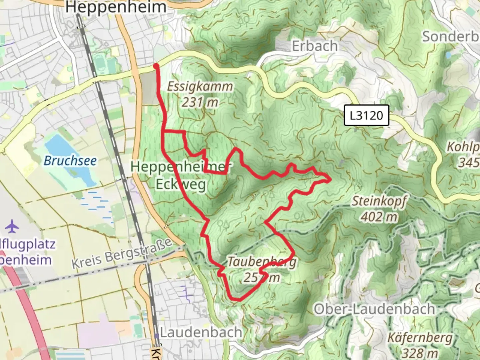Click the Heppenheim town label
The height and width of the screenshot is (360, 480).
pos(116,7)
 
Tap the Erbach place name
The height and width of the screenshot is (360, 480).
pos(315,46)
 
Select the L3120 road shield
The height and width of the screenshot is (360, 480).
pos(366,115)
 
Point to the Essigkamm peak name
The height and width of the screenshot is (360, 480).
pos(200,86)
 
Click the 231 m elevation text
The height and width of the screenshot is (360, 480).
pos(200,102)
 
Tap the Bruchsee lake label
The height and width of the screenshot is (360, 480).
pos(70,161)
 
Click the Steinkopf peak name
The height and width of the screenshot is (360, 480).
pos(379,201)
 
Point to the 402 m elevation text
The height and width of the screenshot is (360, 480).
pos(379,217)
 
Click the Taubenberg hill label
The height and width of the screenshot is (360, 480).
pos(262,262)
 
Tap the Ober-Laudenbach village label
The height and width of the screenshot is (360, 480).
pos(374,309)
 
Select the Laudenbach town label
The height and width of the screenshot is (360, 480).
pos(201,332)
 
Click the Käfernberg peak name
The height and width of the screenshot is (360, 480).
pos(420,338)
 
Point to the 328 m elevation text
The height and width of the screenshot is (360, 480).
pos(420,353)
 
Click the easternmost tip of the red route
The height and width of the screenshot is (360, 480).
pos(330,180)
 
